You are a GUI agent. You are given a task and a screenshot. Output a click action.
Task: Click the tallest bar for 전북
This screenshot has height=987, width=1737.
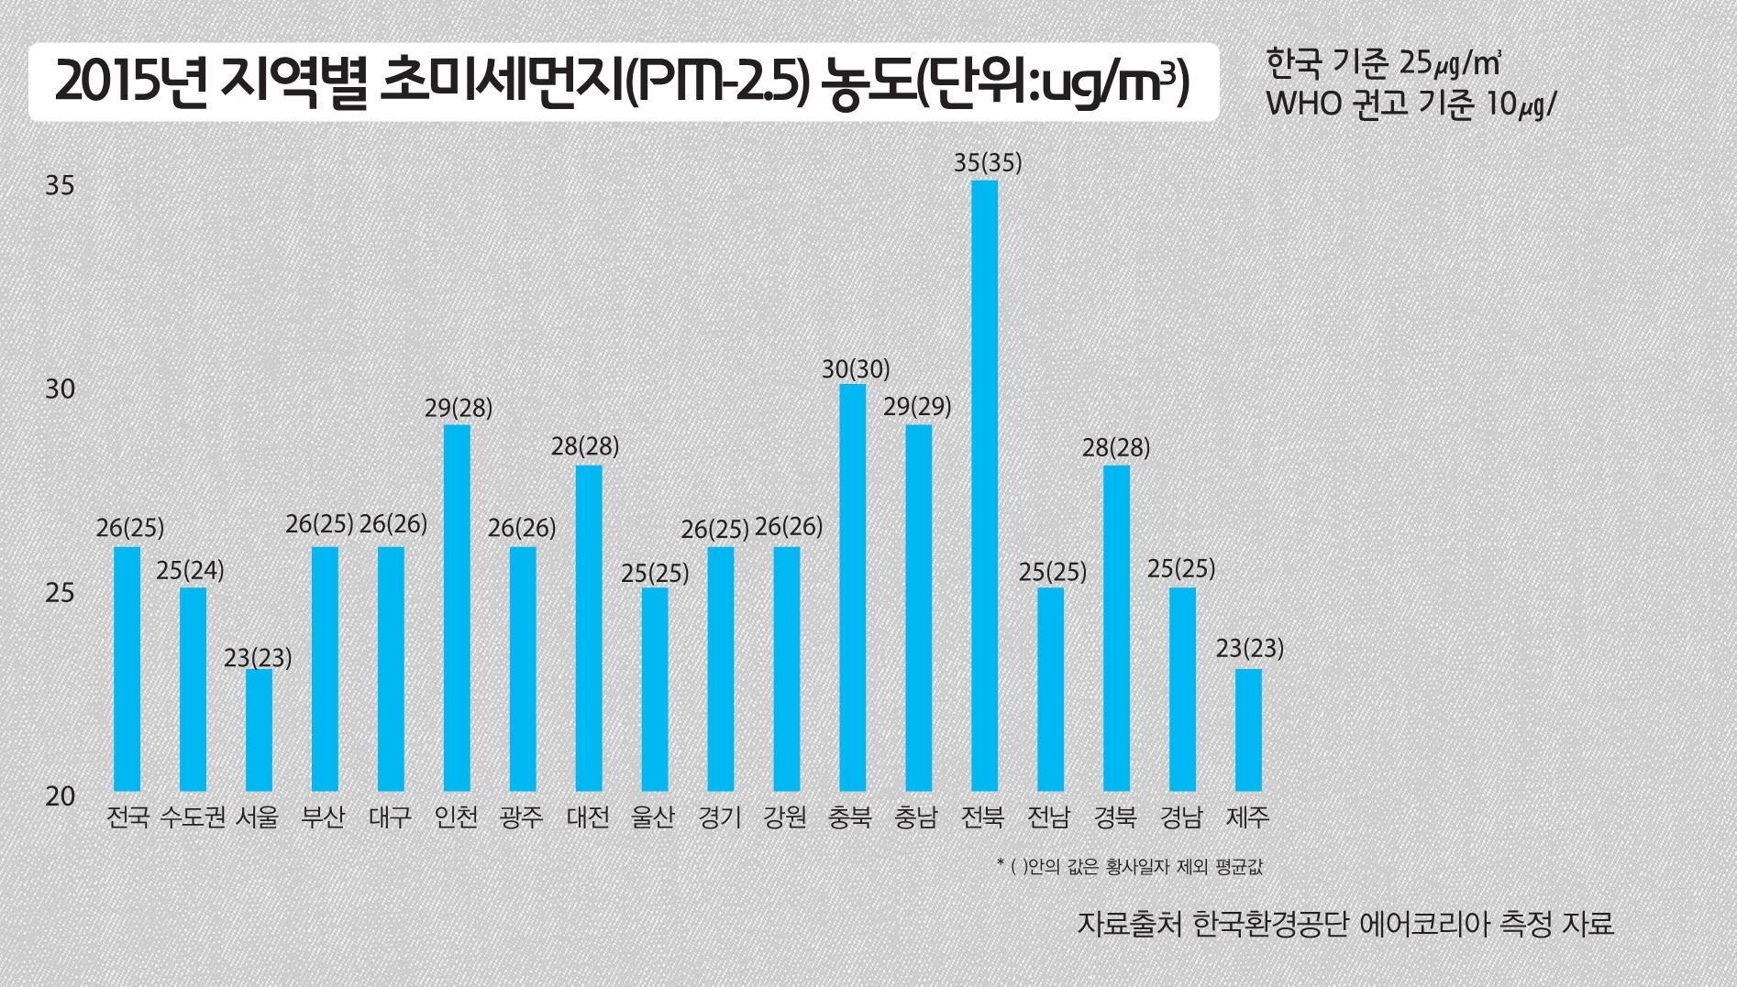click(984, 486)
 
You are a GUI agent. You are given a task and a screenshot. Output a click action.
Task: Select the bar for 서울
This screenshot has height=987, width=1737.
click(259, 729)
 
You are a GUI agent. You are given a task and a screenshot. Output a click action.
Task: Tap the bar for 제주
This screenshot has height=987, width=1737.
click(1248, 729)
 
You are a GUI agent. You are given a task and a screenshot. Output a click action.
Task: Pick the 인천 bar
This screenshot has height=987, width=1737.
click(457, 608)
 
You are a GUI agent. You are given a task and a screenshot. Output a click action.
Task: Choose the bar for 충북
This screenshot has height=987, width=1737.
click(852, 587)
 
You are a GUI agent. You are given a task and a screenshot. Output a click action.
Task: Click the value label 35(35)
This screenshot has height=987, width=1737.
click(987, 163)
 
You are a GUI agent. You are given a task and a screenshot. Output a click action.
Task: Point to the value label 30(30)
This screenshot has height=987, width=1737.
click(855, 368)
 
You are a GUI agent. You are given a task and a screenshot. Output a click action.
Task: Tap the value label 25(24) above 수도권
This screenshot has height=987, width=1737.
click(190, 570)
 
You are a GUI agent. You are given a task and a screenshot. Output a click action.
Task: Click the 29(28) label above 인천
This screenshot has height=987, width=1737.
click(458, 408)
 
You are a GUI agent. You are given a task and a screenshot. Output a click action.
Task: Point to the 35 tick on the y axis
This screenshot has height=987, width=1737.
click(60, 186)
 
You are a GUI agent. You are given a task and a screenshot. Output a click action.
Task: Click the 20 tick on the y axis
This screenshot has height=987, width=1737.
click(60, 796)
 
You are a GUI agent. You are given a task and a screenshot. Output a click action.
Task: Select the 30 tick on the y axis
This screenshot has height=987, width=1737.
click(60, 389)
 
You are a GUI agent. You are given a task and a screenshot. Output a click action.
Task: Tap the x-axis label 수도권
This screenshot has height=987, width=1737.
click(193, 817)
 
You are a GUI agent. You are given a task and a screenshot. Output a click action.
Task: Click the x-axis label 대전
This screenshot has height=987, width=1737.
click(588, 817)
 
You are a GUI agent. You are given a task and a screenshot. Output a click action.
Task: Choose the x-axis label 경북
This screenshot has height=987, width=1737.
click(1115, 817)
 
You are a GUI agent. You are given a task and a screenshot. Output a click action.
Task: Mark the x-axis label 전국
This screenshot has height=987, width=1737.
click(127, 817)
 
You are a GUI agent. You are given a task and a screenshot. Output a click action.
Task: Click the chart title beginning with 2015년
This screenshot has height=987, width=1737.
click(623, 82)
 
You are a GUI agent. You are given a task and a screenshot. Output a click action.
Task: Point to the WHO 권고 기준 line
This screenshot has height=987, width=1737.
click(1411, 104)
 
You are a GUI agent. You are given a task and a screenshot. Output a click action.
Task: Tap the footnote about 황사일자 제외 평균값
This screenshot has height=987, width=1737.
click(1129, 866)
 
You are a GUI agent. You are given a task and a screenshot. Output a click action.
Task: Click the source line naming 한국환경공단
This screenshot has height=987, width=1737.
click(1344, 922)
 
